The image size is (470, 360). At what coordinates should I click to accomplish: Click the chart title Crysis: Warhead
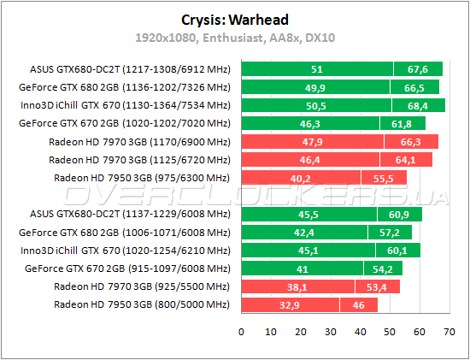235,19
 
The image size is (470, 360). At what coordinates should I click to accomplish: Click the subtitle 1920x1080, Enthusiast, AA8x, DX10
235,38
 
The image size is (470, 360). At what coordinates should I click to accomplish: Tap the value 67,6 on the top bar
418,69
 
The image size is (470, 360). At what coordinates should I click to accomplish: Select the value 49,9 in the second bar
316,87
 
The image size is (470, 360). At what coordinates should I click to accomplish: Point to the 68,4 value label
419,105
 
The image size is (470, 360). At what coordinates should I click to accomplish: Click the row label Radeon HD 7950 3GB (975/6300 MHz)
142,177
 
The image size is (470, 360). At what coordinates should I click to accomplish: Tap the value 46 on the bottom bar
360,304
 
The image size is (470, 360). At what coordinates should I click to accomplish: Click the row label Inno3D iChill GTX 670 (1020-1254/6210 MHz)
125,251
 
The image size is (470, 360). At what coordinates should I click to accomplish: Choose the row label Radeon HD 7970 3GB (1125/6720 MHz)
139,159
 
